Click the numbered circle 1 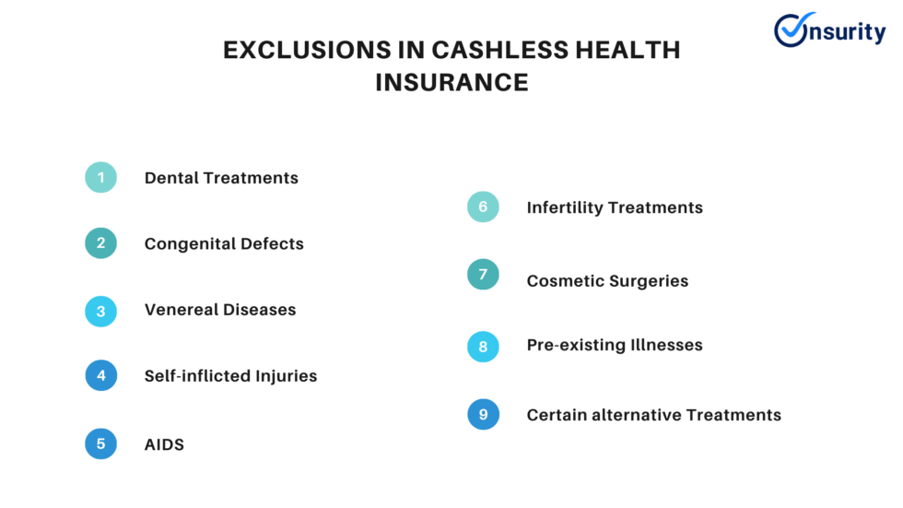(x=101, y=177)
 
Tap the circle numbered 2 (x=101, y=243)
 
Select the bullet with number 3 (x=101, y=311)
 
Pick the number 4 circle (x=101, y=375)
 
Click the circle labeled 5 (x=101, y=443)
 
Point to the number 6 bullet (x=483, y=207)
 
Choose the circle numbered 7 (x=483, y=275)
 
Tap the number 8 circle (x=483, y=346)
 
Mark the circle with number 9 (x=483, y=414)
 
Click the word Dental (x=171, y=178)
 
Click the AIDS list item (x=164, y=444)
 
